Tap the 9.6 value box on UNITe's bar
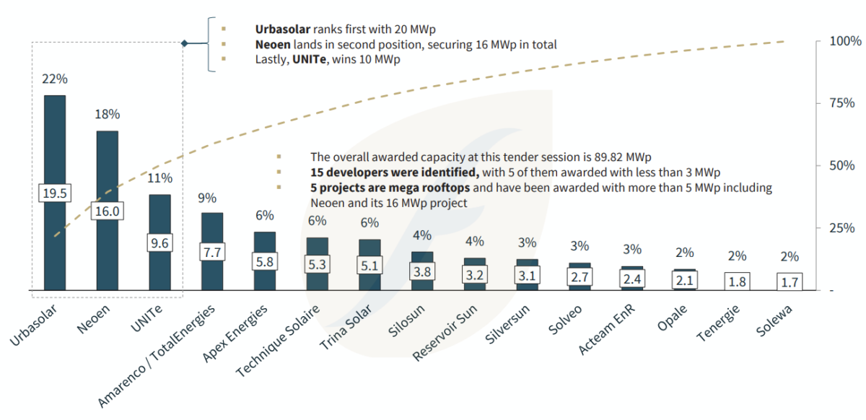coord(159,244)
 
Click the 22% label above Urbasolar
coord(55,79)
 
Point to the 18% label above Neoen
coord(108,114)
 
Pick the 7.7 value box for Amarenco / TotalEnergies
coord(212,253)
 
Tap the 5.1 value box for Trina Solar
coord(369,266)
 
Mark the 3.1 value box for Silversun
coord(527,274)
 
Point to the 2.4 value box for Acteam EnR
coord(632,278)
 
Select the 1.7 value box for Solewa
coord(790,281)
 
